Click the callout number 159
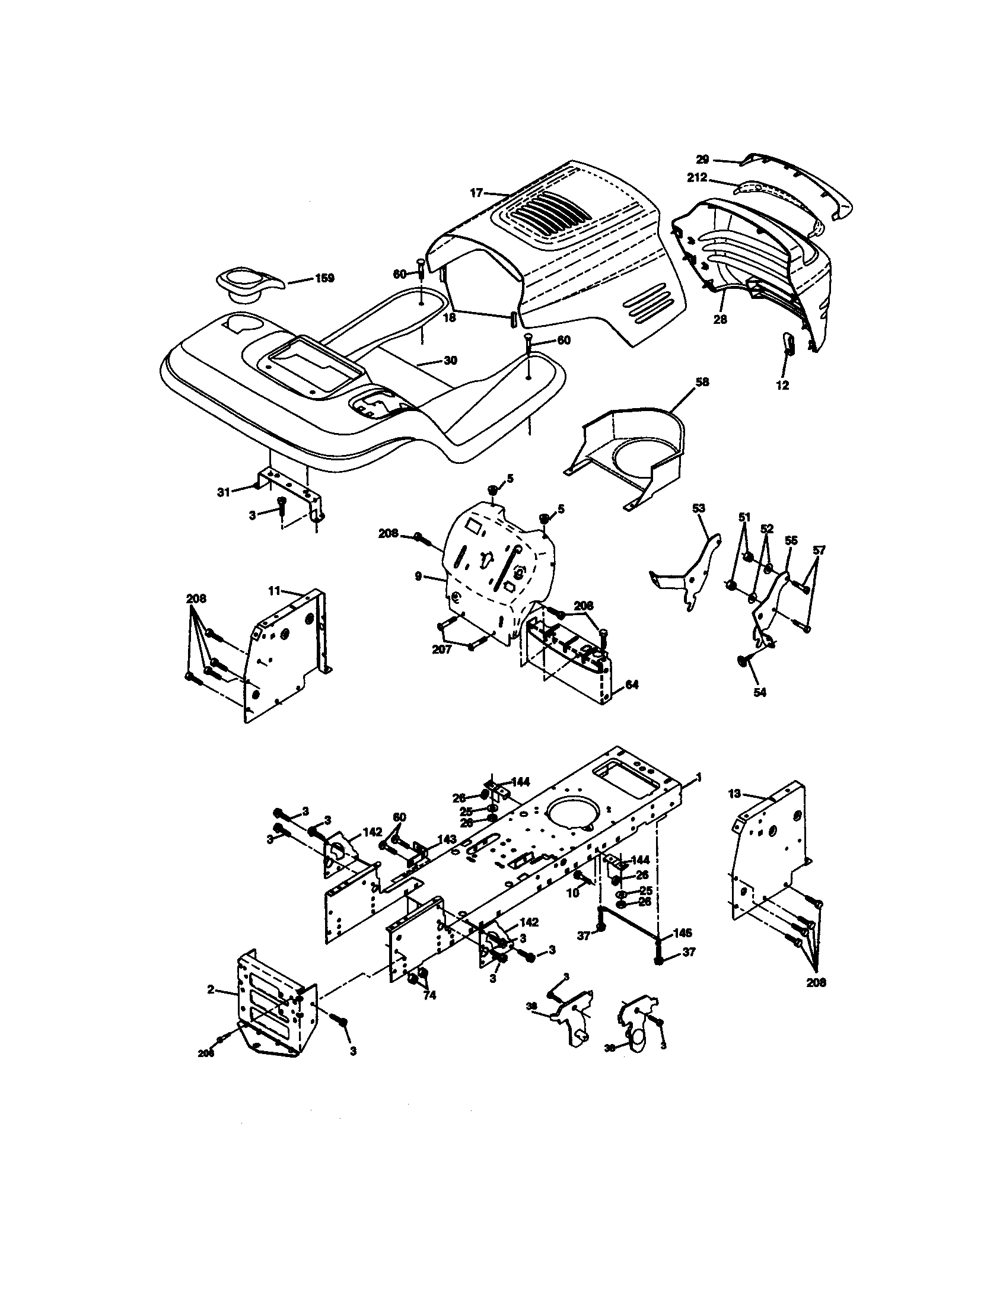[x=324, y=278]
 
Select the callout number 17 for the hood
[x=476, y=193]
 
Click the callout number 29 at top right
[x=702, y=160]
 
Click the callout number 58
[x=702, y=382]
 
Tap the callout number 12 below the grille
[x=782, y=386]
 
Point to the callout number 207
[x=441, y=649]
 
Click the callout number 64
[x=631, y=685]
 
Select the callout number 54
[x=759, y=692]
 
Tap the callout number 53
[x=698, y=508]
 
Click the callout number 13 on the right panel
[x=735, y=794]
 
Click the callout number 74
[x=429, y=995]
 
